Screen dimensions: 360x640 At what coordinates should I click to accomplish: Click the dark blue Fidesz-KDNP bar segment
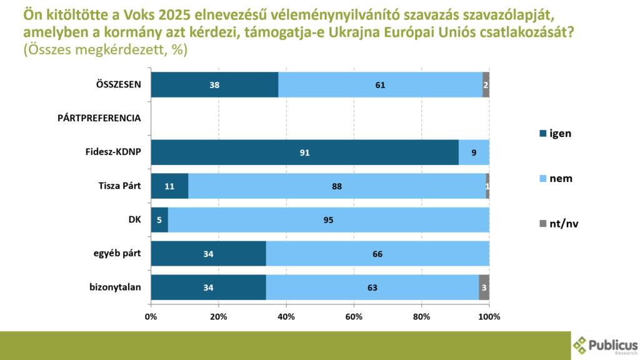[304, 152]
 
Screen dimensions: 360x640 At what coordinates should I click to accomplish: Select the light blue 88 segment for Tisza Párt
[337, 186]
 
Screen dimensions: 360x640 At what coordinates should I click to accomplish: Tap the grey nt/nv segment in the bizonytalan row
[484, 287]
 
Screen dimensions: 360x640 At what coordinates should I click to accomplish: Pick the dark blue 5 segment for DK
[159, 219]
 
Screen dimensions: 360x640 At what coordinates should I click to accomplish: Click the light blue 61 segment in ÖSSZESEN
[380, 84]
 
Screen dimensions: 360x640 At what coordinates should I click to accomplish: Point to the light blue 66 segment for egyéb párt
[377, 253]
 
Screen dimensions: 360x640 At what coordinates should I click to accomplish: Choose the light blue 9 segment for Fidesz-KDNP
[474, 152]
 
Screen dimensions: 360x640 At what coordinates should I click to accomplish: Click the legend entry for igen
[555, 132]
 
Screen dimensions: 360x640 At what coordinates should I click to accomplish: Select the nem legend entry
[555, 179]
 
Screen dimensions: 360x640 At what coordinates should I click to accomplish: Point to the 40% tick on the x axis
[286, 317]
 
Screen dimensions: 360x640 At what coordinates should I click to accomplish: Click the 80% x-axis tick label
[421, 317]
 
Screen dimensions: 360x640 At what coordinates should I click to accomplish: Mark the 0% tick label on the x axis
[151, 317]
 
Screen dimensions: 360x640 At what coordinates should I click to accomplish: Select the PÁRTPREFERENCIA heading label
[99, 118]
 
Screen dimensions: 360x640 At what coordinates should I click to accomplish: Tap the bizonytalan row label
[116, 287]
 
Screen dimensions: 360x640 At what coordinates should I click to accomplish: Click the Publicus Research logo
[605, 345]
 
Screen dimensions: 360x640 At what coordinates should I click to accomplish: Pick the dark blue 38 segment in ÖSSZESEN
[214, 84]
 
